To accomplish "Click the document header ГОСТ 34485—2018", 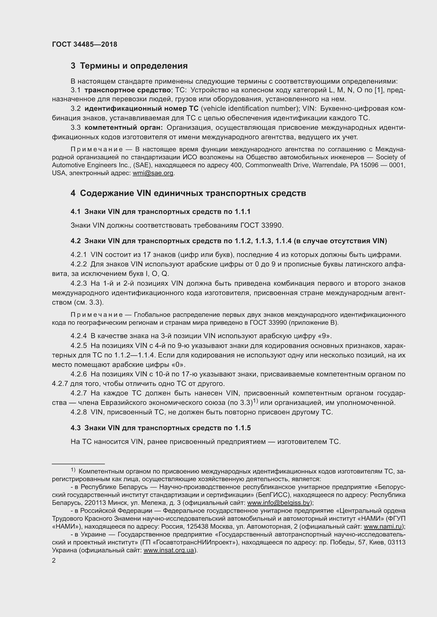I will click(x=85, y=44).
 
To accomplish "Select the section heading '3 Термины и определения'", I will click(x=129, y=66).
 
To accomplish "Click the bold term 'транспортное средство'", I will click(x=128, y=90).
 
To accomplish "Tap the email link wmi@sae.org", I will click(x=153, y=173).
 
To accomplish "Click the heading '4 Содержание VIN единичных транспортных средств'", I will click(x=188, y=193).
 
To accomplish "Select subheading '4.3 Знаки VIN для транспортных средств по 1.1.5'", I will click(x=161, y=428).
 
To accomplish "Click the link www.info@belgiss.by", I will click(x=278, y=503).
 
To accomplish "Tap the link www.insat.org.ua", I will click(x=169, y=550).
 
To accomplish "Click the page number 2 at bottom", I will click(x=54, y=561).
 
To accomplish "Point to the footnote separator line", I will click(x=78, y=464).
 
